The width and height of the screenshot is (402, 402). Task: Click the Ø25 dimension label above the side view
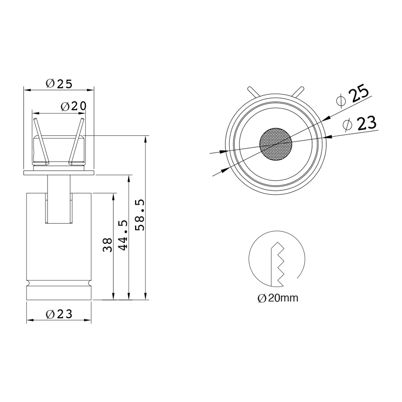pos(59,84)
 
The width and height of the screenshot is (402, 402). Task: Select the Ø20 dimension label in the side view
pos(73,106)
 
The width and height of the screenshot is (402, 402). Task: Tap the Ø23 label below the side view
pos(59,314)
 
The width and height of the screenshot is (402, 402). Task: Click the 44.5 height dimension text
pos(123,235)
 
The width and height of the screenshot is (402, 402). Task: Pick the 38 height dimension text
pos(108,245)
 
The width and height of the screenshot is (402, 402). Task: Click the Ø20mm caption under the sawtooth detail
pos(278,298)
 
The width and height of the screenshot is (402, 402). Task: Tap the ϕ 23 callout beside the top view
pos(360,124)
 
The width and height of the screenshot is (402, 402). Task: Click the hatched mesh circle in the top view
pos(276,144)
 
